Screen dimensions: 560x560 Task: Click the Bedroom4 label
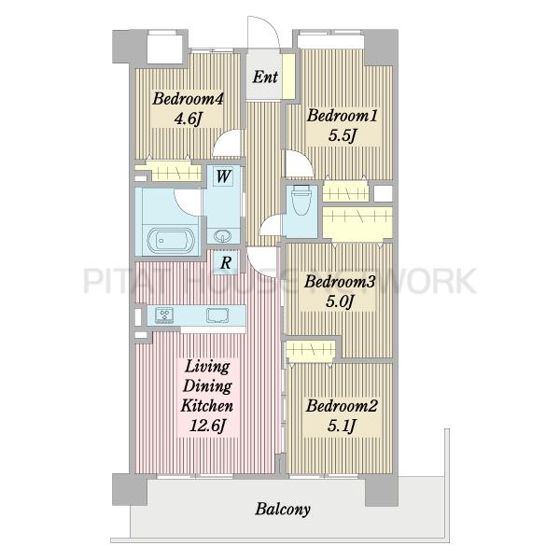coord(188,99)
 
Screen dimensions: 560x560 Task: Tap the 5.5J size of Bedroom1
coord(343,135)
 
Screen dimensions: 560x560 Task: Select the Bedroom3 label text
coord(340,282)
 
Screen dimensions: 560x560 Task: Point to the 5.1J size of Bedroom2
coord(342,426)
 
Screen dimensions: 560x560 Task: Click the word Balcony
coord(283,510)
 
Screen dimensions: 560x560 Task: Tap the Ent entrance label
coord(265,77)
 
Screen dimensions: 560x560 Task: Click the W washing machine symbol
coord(223,176)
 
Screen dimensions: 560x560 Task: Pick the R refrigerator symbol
coord(226,263)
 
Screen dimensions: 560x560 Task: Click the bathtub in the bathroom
coord(171,240)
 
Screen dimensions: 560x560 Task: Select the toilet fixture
coord(301,200)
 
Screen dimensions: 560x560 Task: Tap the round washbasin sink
coord(223,236)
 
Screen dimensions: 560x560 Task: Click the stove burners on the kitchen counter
coord(164,315)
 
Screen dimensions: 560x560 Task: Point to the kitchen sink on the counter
coord(217,315)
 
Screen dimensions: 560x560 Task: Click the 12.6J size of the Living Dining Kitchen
coord(207,426)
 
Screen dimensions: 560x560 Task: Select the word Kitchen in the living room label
coord(207,406)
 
